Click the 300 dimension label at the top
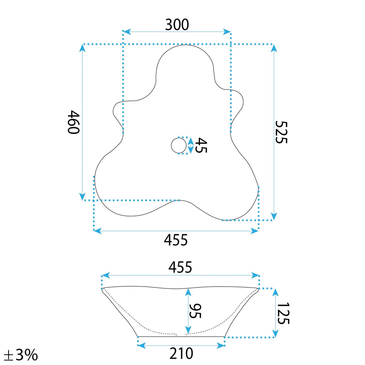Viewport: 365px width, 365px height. click(x=177, y=25)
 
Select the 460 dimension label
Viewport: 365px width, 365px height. click(x=73, y=122)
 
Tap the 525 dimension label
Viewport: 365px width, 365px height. click(x=281, y=132)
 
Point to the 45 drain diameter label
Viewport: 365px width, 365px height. click(x=201, y=145)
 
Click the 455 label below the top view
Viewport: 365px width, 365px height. click(x=176, y=240)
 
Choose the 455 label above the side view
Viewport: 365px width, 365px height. click(x=180, y=267)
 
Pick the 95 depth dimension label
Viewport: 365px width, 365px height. click(x=195, y=311)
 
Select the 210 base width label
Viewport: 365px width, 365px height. click(x=181, y=354)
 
